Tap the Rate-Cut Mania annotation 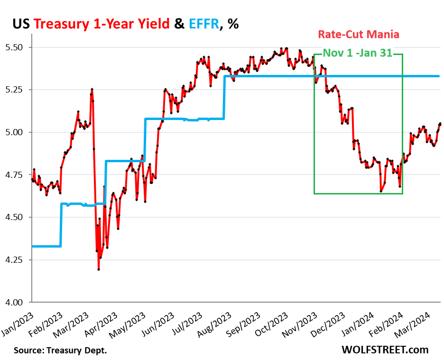(x=359, y=35)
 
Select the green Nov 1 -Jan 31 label (x=358, y=53)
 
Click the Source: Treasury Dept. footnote (x=60, y=351)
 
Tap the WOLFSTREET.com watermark (x=385, y=350)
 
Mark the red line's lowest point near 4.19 (x=99, y=269)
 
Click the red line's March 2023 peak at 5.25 (x=92, y=89)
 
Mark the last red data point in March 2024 (x=440, y=124)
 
